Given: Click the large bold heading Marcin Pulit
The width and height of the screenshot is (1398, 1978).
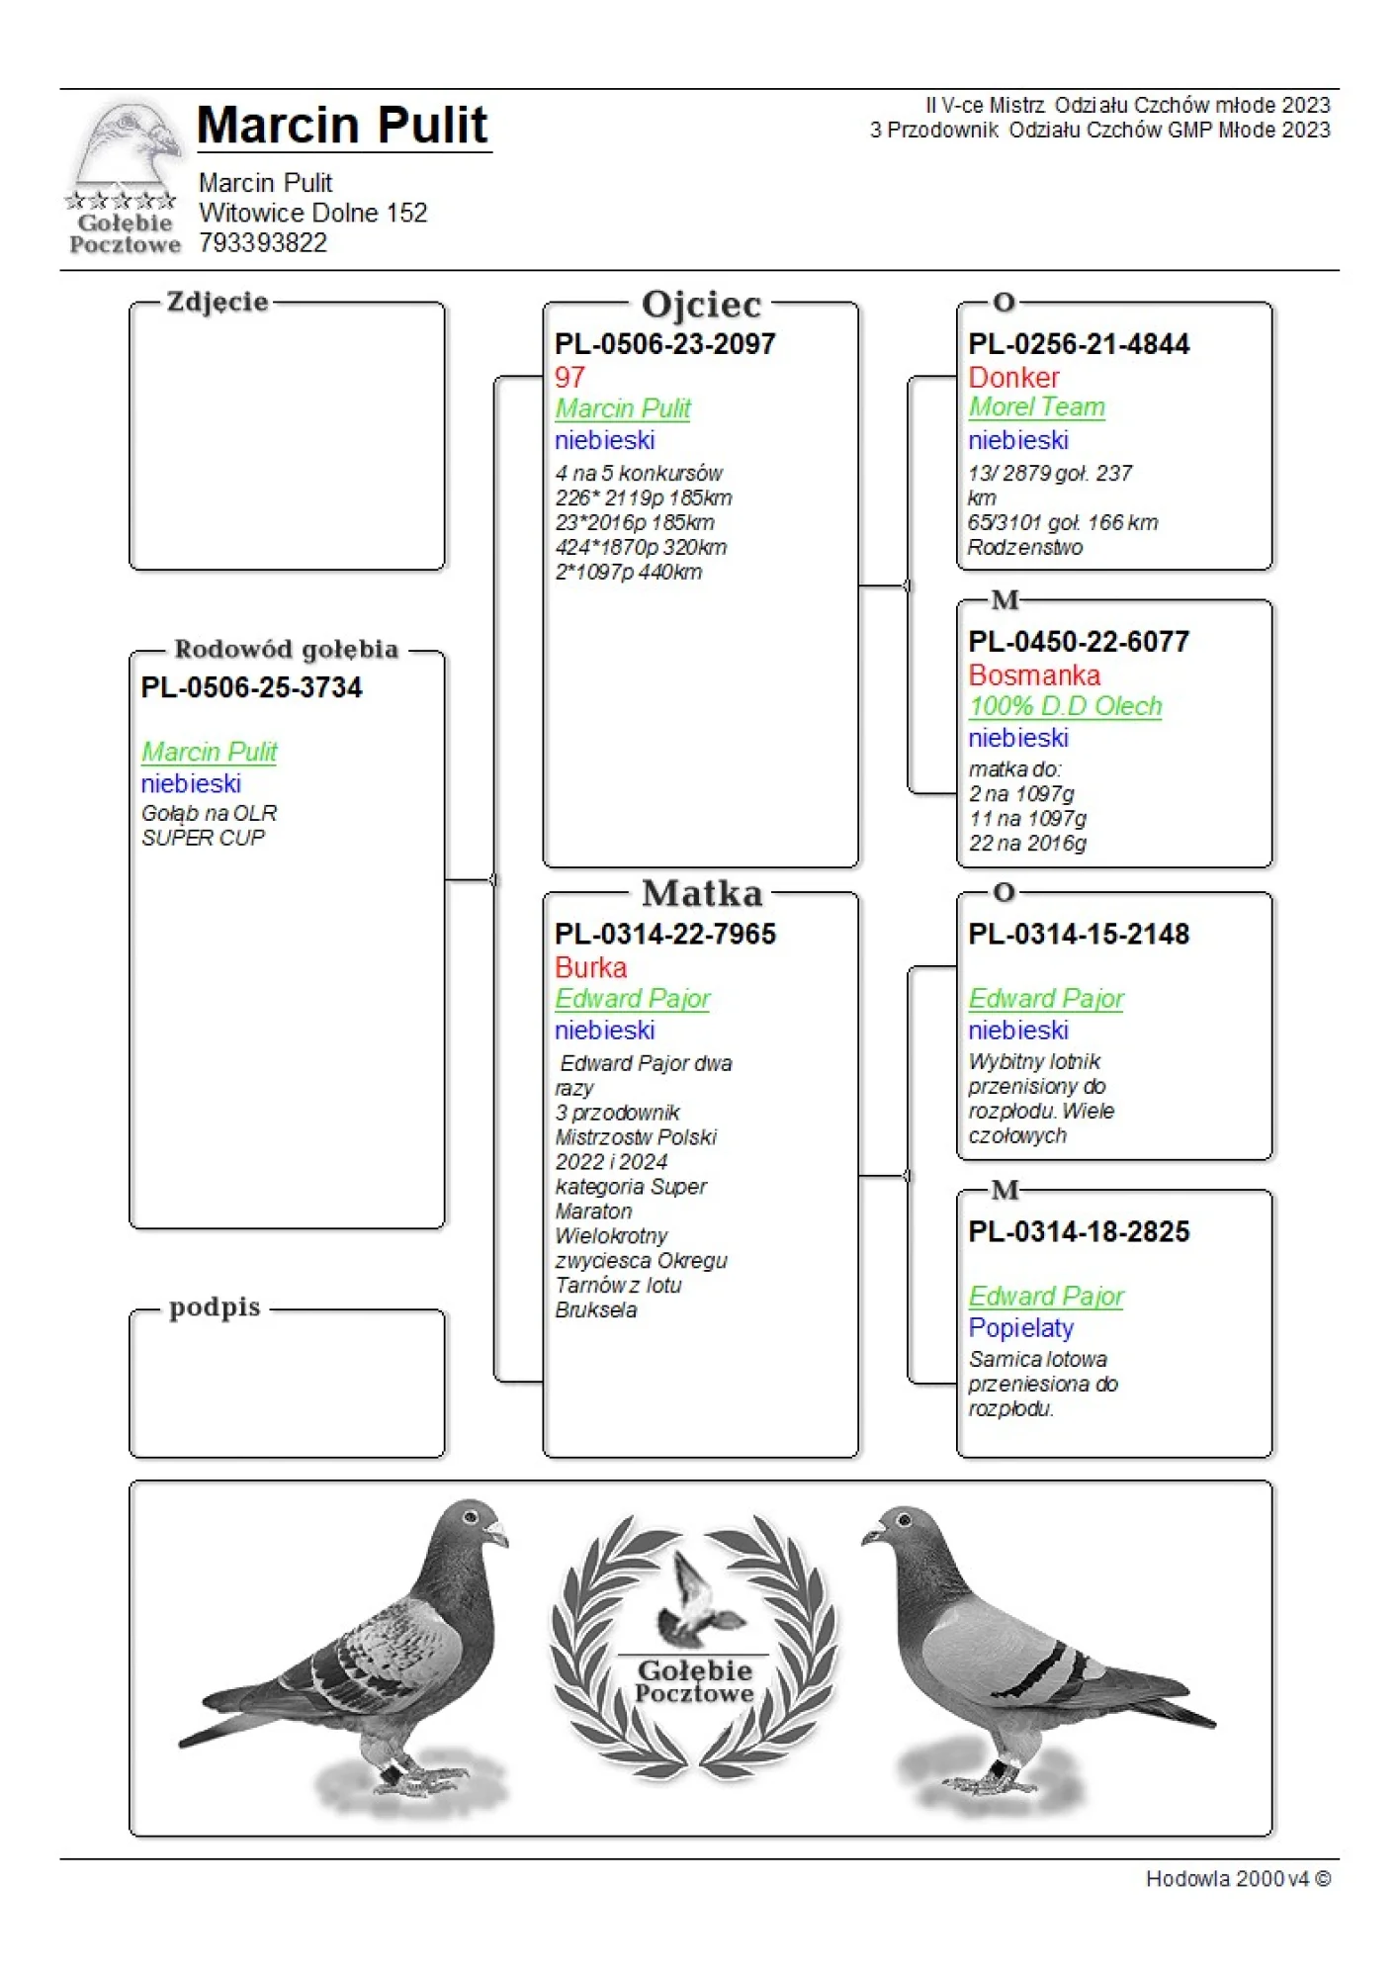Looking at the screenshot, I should tap(342, 126).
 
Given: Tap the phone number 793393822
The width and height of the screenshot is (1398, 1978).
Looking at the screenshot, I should tap(262, 243).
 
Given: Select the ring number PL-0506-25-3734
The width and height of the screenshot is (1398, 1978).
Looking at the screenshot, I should tap(251, 687).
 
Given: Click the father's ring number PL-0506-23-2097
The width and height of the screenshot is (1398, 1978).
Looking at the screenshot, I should tap(664, 344).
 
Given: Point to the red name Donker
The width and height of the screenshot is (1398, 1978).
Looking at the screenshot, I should tap(1013, 378).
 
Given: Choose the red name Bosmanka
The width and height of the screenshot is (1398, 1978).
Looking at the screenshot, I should tap(1034, 675).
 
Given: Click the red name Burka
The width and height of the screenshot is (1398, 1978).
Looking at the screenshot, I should tap(590, 967).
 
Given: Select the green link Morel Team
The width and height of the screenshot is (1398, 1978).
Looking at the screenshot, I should tap(1036, 407).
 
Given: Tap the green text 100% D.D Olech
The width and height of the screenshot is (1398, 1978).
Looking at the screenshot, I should tap(1065, 706).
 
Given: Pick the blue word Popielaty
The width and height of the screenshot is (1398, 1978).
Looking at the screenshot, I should tap(1020, 1328).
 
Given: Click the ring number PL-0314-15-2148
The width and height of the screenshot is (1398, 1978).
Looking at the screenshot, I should tap(1079, 935).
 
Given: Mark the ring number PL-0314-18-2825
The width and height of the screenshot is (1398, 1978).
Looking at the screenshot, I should tap(1079, 1232).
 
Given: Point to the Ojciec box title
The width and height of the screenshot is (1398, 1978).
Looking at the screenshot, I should tap(701, 305).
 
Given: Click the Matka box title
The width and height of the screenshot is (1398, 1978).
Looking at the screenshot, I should tap(702, 894).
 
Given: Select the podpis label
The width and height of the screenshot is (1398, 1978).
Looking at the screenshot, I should tap(215, 1307).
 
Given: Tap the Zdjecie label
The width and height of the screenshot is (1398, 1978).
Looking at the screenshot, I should tap(218, 302).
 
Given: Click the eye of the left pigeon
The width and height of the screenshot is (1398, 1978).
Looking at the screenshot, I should tap(472, 1516).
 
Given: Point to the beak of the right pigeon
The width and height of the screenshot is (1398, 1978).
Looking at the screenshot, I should tap(871, 1535).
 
